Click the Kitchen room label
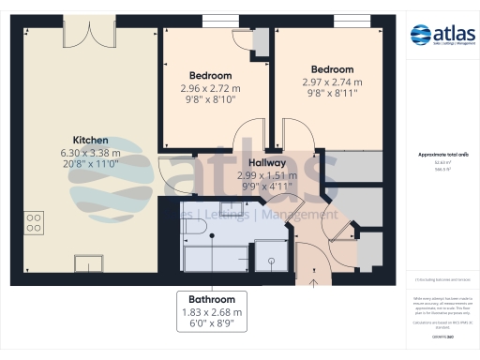(x=91, y=139)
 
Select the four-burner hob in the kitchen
(x=34, y=222)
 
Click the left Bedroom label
(x=211, y=76)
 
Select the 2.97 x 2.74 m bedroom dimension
(x=333, y=82)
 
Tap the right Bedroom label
(x=333, y=69)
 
